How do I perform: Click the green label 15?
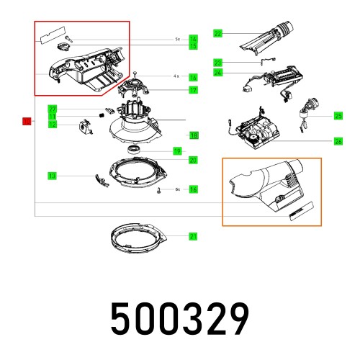(x=193, y=46)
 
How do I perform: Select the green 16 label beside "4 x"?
(x=193, y=77)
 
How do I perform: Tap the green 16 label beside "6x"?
(x=193, y=189)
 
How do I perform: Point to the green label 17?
(x=193, y=90)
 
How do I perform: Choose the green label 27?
(x=53, y=109)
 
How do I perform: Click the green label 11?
(x=53, y=117)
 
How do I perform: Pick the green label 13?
(x=53, y=176)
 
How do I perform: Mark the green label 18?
(x=193, y=135)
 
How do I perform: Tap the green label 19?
(x=197, y=150)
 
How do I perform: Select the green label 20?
(x=193, y=160)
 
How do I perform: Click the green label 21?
(x=193, y=236)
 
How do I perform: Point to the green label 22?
(x=218, y=33)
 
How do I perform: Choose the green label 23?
(x=218, y=63)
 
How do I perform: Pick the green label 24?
(x=218, y=73)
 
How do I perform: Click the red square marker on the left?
(x=27, y=121)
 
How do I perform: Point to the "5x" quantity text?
(x=177, y=39)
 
